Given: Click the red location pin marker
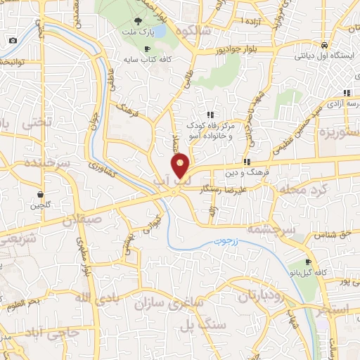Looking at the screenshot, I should coord(181,165).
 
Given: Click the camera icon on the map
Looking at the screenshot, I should coord(13,40).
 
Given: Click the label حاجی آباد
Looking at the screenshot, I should coord(53,331).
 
